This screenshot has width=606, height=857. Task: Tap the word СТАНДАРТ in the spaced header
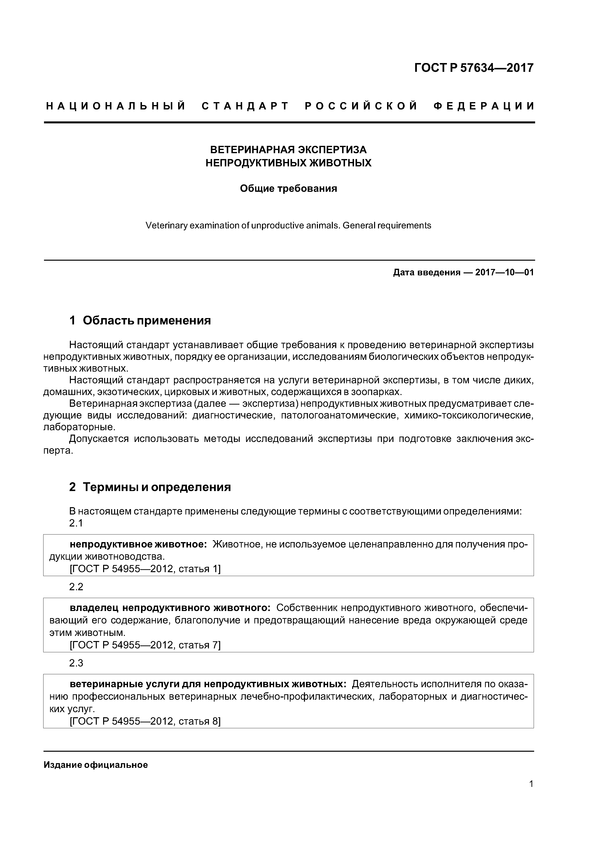pyautogui.click(x=245, y=106)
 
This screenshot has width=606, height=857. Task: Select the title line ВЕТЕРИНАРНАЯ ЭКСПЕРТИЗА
pyautogui.click(x=288, y=150)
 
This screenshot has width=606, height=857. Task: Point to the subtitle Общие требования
pyautogui.click(x=288, y=189)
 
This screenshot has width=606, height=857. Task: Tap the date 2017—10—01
pyautogui.click(x=504, y=272)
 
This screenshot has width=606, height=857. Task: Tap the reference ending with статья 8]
pyautogui.click(x=145, y=721)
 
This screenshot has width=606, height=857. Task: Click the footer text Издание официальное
pyautogui.click(x=96, y=765)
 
